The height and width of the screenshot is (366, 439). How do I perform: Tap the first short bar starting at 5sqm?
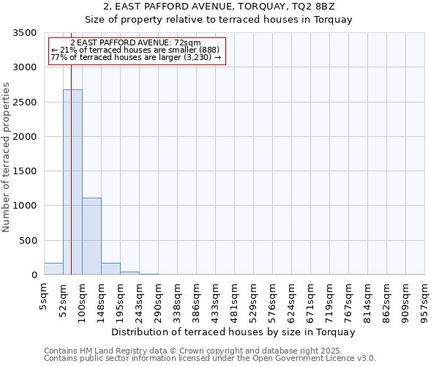pyautogui.click(x=53, y=269)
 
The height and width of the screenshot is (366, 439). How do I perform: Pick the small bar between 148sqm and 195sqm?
pyautogui.click(x=110, y=269)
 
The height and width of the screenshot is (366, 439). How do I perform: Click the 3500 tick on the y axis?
pyautogui.click(x=25, y=33)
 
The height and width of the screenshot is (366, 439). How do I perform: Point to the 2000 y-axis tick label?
pyautogui.click(x=25, y=137)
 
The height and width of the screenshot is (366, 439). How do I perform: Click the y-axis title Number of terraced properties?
pyautogui.click(x=7, y=157)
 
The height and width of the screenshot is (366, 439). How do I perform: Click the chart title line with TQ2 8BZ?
pyautogui.click(x=219, y=7)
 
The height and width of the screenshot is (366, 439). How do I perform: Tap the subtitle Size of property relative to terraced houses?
pyautogui.click(x=219, y=20)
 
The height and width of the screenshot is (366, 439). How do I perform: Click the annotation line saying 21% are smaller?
pyautogui.click(x=135, y=50)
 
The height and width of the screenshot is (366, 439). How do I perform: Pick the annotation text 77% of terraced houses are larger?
pyautogui.click(x=135, y=56)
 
